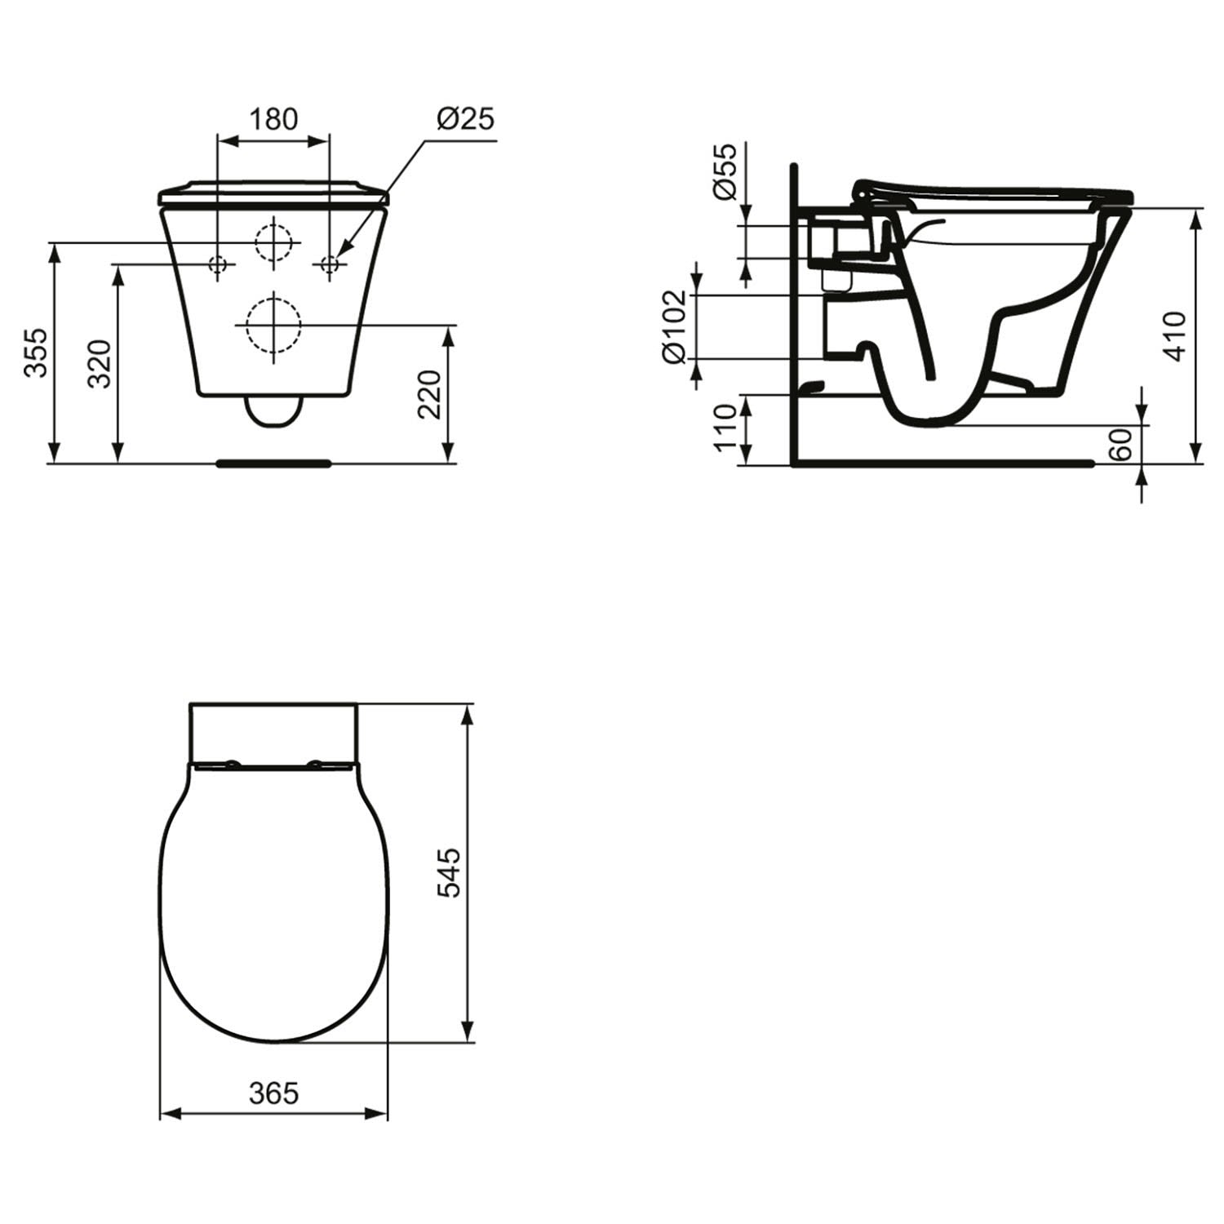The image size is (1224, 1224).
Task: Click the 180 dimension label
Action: (x=273, y=119)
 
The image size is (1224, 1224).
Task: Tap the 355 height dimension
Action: (x=34, y=353)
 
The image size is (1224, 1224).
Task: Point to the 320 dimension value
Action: (x=99, y=364)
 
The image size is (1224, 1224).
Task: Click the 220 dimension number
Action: (x=429, y=394)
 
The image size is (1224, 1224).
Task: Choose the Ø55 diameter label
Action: (x=724, y=171)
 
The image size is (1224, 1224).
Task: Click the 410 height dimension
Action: (x=1175, y=335)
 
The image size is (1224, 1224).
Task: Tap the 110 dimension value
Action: (x=725, y=428)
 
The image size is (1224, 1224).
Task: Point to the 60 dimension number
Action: (x=1124, y=444)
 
